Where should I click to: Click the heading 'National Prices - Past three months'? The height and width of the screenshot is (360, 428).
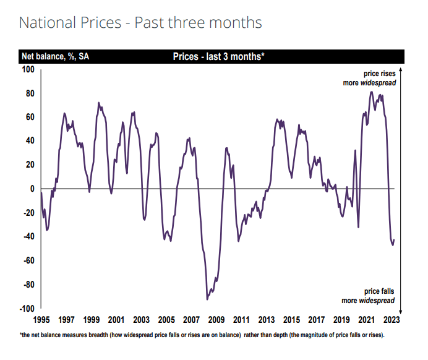[140, 23]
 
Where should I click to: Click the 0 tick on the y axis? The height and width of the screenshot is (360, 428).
[32, 189]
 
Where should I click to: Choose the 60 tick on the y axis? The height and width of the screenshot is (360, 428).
[29, 117]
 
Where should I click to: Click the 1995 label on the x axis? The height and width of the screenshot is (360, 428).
[41, 320]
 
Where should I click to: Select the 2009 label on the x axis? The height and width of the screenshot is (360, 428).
[216, 320]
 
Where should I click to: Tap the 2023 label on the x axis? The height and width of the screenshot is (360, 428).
[392, 320]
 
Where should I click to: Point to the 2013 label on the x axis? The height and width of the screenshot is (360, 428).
[266, 320]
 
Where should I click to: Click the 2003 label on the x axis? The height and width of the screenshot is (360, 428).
[141, 320]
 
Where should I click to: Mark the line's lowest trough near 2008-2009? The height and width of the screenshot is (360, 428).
[207, 299]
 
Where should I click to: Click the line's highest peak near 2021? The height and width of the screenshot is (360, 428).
[371, 92]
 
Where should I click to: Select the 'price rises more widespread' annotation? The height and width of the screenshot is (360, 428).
[370, 78]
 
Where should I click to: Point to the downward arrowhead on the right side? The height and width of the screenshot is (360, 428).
[401, 311]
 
